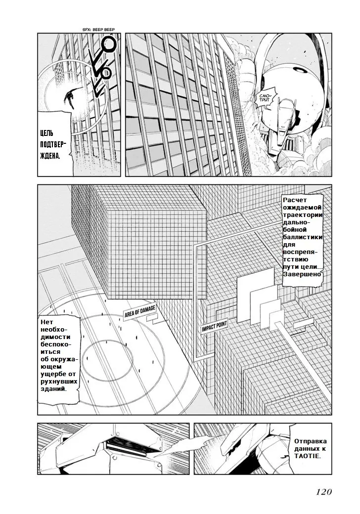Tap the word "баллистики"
[303, 237]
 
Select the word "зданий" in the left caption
[52, 389]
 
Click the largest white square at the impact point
[255, 288]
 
